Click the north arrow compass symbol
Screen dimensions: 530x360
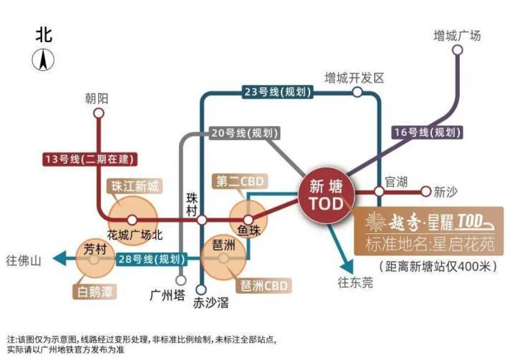(43, 59)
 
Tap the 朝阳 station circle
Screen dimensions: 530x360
(99, 113)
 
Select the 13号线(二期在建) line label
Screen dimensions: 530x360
(90, 159)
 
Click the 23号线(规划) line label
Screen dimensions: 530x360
(277, 92)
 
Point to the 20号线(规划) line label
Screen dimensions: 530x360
(245, 132)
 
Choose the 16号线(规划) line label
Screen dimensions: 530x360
(428, 132)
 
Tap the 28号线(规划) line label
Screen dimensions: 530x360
(151, 259)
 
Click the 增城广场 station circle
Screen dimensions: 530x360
(458, 50)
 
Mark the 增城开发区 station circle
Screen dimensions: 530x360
(357, 92)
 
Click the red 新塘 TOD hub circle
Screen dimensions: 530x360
(327, 195)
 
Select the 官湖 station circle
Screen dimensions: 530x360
(380, 192)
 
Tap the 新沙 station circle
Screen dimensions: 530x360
(426, 192)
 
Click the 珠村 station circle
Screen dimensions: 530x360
(202, 220)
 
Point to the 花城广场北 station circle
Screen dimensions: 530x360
(132, 220)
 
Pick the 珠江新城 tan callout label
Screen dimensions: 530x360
(135, 186)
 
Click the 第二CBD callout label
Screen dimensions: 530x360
(240, 181)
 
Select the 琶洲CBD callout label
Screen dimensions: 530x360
(264, 286)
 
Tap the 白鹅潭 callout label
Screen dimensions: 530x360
(95, 291)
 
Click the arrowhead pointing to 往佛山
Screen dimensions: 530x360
(59, 259)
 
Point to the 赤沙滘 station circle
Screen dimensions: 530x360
(201, 289)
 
